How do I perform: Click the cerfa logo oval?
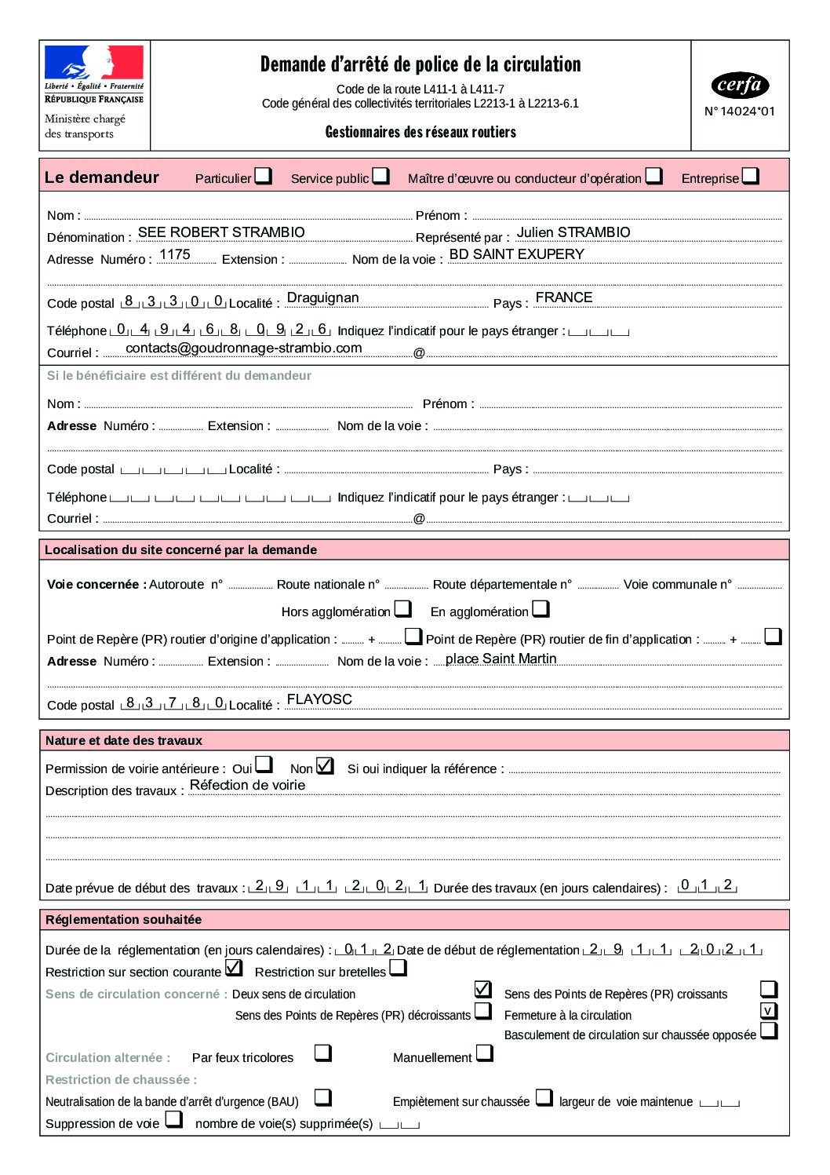click(x=739, y=85)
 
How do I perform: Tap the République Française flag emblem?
click(x=94, y=63)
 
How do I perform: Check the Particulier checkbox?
click(x=264, y=176)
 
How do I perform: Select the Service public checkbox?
click(x=380, y=176)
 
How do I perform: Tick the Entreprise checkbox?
click(x=751, y=176)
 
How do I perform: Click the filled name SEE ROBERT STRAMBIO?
click(x=221, y=232)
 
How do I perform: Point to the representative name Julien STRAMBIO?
click(x=573, y=232)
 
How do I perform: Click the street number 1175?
click(x=174, y=254)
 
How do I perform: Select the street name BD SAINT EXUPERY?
click(x=516, y=254)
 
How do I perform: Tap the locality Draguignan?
click(x=322, y=298)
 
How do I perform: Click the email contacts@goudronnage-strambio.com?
click(x=243, y=348)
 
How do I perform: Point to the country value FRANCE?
click(x=563, y=297)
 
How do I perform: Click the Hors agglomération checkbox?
click(x=403, y=608)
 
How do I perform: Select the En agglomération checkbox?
click(x=541, y=608)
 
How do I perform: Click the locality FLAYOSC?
click(x=319, y=699)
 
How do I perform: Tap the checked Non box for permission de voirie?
click(x=325, y=765)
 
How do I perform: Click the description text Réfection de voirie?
click(x=247, y=785)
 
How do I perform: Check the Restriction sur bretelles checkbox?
click(x=399, y=968)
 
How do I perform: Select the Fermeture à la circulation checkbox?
click(x=769, y=1010)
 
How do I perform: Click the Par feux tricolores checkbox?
click(x=322, y=1053)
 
